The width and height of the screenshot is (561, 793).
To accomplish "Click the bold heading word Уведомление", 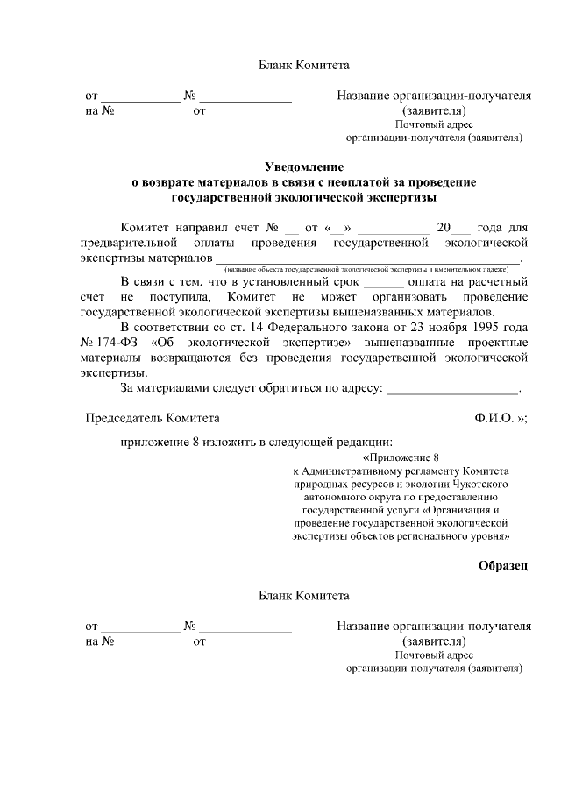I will [304, 166].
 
